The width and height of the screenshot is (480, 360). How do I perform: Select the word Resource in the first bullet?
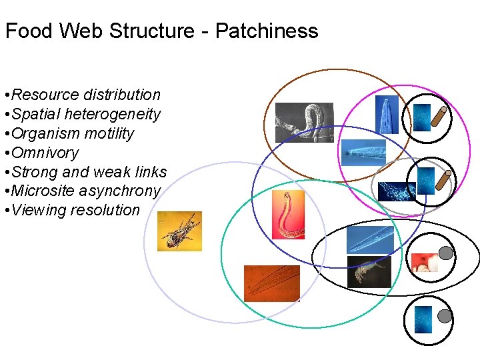tap(47, 95)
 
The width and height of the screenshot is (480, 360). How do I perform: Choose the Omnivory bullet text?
tap(45, 153)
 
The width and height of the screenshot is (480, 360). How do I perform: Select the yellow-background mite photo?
tap(179, 231)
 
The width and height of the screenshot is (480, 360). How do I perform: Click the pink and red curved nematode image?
tap(288, 215)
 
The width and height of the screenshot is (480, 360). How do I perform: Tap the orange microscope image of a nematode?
tap(271, 283)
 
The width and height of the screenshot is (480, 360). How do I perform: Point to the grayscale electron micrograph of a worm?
tap(304, 122)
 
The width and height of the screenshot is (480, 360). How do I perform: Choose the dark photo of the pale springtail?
tap(369, 272)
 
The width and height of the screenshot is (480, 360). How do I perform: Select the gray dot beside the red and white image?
tap(445, 253)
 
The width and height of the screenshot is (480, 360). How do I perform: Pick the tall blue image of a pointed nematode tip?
tap(387, 115)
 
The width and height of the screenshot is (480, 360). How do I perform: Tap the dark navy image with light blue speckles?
tap(396, 191)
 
